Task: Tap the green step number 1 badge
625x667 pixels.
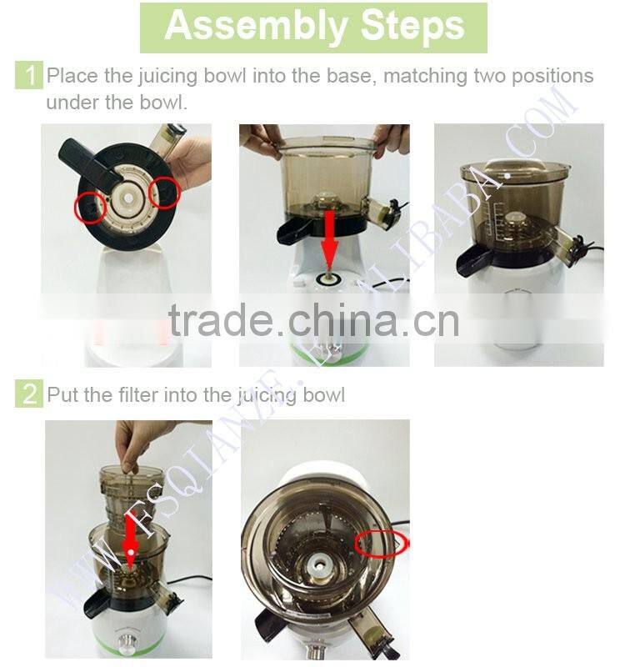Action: click(29, 77)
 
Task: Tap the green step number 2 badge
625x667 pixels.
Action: click(29, 394)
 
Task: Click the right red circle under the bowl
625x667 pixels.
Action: click(164, 193)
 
